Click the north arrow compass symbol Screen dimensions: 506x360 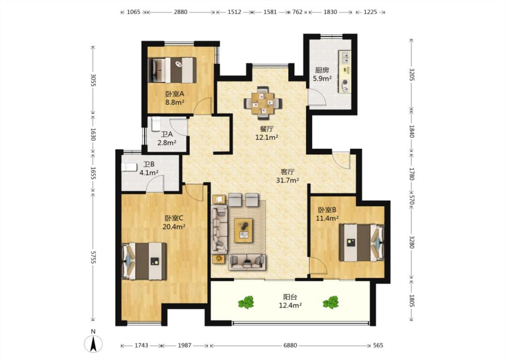(x=93, y=343)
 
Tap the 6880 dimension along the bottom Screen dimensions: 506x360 (x=290, y=346)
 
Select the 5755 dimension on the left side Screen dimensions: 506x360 (x=93, y=257)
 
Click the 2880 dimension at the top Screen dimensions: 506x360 (x=180, y=12)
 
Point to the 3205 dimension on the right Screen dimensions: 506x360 (x=412, y=75)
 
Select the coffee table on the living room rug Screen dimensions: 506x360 (x=244, y=230)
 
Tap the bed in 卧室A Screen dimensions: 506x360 (x=172, y=70)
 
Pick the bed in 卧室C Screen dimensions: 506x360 (x=144, y=261)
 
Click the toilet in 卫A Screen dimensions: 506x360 (x=156, y=124)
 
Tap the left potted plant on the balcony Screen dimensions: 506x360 (x=246, y=302)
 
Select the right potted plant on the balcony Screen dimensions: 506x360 (x=331, y=302)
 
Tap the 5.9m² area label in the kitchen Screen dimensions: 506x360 (x=322, y=78)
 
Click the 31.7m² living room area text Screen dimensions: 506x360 (x=287, y=180)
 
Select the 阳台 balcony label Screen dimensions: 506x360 (x=290, y=297)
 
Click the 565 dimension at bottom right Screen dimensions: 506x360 (x=378, y=346)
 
